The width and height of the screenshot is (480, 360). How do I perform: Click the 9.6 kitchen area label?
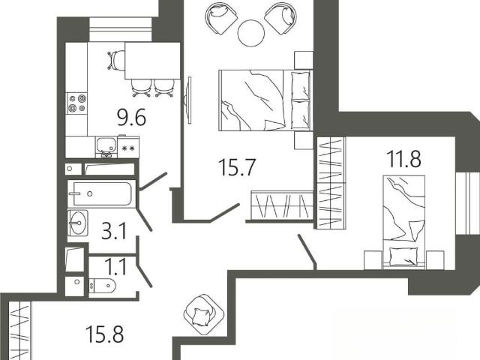click(132, 118)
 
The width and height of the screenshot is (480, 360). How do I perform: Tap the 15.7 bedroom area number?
click(237, 167)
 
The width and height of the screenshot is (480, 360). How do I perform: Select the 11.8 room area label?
click(403, 159)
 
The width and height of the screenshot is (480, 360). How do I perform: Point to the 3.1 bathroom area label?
click(114, 231)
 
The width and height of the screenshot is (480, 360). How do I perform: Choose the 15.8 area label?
click(105, 334)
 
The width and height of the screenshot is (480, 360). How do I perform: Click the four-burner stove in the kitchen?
click(77, 103)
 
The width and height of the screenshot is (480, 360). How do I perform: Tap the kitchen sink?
click(106, 147)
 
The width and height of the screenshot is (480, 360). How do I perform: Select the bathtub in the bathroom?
click(101, 193)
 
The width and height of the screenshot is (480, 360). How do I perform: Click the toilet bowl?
click(102, 286)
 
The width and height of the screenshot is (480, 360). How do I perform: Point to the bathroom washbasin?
click(78, 223)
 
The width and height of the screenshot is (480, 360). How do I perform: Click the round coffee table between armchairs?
click(251, 33)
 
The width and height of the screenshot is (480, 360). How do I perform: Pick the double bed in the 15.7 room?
click(265, 100)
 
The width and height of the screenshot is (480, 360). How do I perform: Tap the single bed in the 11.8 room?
click(404, 222)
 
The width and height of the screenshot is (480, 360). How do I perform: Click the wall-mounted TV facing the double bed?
click(188, 100)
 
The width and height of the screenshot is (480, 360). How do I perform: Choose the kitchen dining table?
click(152, 61)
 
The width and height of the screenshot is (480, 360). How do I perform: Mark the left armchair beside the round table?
click(221, 19)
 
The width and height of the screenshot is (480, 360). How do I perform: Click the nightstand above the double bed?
click(303, 60)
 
